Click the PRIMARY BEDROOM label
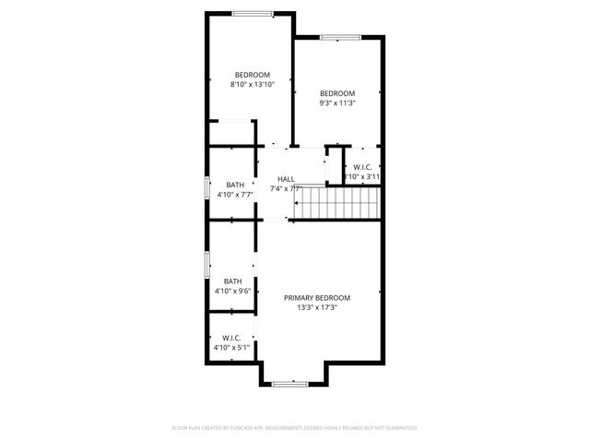coord(316,297)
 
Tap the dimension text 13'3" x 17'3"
coord(316,307)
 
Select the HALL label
coord(286,179)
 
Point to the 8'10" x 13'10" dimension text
coord(251,85)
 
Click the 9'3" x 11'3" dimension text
coord(336,103)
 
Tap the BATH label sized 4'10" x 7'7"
coord(234,185)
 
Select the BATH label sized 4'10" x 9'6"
coord(233,281)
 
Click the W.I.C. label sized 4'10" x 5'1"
coord(232,338)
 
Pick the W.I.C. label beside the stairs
coord(361,167)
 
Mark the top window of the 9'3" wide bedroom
coord(334,37)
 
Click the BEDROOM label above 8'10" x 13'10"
coord(251,75)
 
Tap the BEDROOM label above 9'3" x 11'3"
coord(336,93)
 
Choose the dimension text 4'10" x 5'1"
coord(232,348)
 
